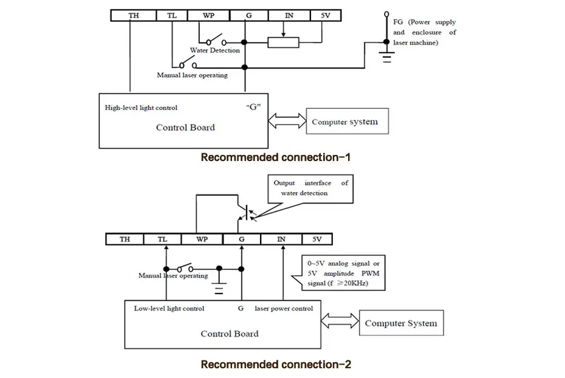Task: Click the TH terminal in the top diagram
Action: point(134,15)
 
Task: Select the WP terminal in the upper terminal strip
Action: point(208,15)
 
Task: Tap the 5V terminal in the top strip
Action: point(326,15)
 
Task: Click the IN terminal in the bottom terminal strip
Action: point(281,239)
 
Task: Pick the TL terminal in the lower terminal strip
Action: point(162,239)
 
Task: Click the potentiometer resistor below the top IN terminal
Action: point(283,43)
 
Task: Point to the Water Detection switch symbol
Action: point(216,40)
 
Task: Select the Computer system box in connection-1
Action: point(348,121)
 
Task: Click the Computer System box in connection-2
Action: point(402,323)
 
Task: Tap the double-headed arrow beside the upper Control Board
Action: point(287,121)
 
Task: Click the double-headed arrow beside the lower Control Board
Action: point(340,321)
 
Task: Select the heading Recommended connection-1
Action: point(276,157)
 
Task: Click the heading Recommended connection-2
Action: point(276,364)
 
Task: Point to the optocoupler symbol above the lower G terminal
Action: point(247,213)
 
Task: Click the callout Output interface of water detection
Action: point(310,189)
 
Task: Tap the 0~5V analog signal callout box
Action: point(343,273)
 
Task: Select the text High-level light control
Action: point(141,108)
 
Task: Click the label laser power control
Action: point(284,309)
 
